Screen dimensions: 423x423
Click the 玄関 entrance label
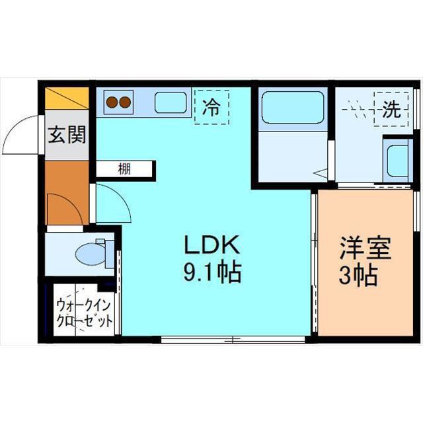pyautogui.click(x=67, y=134)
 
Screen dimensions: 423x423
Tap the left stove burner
pyautogui.click(x=112, y=102)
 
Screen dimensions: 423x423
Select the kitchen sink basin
pyautogui.click(x=171, y=102)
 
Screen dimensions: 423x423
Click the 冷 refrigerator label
pyautogui.click(x=211, y=107)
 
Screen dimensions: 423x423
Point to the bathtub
pyautogui.click(x=293, y=108)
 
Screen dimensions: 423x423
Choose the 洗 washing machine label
pyautogui.click(x=391, y=110)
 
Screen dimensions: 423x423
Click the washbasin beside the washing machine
pyautogui.click(x=398, y=161)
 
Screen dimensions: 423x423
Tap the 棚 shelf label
pyautogui.click(x=124, y=169)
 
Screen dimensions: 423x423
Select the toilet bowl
pyautogui.click(x=91, y=254)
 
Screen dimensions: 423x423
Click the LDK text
pyautogui.click(x=211, y=245)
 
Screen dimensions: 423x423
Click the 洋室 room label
pyautogui.click(x=365, y=248)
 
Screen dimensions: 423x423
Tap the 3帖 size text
pyautogui.click(x=358, y=275)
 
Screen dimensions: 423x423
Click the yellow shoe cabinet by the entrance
pyautogui.click(x=67, y=98)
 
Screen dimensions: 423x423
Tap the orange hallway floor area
pyautogui.click(x=67, y=192)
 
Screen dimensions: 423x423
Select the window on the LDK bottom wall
pyautogui.click(x=233, y=339)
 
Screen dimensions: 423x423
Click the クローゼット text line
pyautogui.click(x=84, y=321)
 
